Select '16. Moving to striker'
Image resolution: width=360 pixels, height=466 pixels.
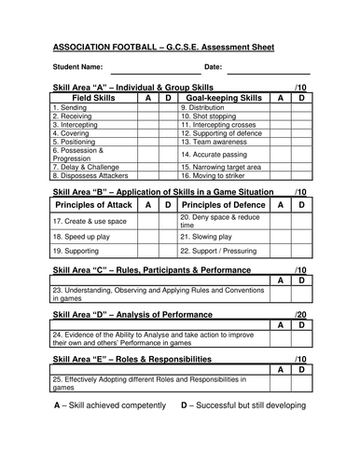coord(214,174)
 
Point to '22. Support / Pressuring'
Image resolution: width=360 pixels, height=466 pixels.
coord(220,252)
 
